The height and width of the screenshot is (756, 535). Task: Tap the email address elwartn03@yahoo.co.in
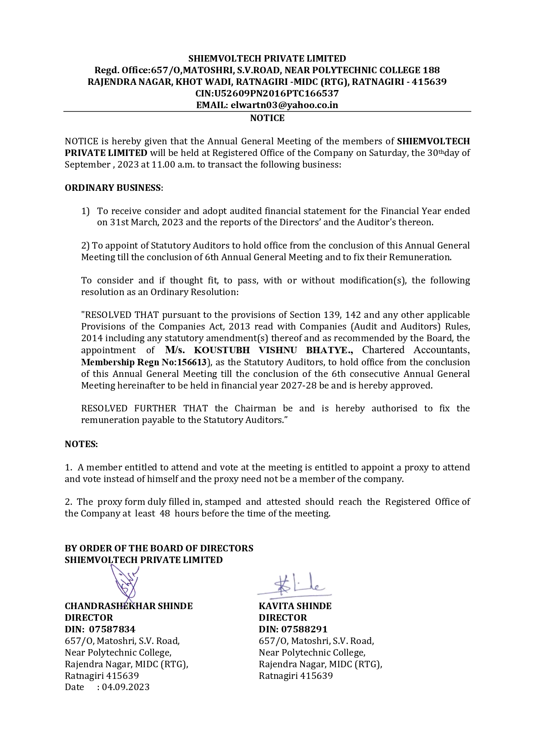tap(284, 105)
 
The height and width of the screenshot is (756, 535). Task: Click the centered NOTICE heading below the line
tap(267, 118)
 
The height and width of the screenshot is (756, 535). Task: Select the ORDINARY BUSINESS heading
tap(113, 188)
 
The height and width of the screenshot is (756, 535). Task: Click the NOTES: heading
tap(81, 444)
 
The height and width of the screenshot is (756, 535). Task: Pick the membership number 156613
tap(192, 362)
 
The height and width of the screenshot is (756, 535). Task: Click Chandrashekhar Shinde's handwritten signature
tap(125, 584)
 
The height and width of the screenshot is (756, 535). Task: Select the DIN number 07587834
tap(112, 629)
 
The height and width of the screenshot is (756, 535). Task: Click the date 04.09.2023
tap(125, 687)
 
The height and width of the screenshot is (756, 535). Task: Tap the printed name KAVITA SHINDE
tap(295, 606)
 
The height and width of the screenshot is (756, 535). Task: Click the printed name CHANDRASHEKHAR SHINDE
tap(128, 606)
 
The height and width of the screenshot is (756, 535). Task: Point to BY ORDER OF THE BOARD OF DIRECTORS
tap(159, 548)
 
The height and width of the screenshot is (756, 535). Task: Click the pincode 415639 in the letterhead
tap(429, 82)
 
